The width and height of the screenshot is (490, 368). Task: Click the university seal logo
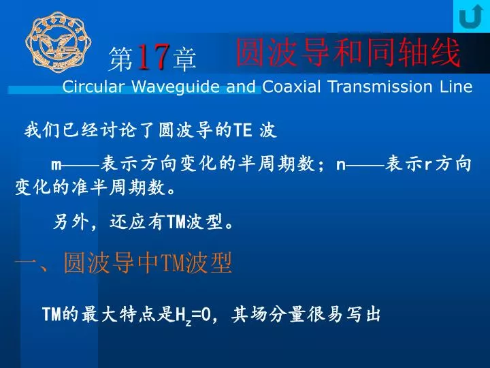(58, 42)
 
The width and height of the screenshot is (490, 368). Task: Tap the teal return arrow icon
(472, 16)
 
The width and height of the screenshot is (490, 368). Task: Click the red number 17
(153, 57)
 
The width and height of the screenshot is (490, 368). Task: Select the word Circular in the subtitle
(93, 86)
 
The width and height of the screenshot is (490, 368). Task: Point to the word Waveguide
(176, 87)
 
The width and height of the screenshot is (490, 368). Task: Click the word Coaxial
(291, 86)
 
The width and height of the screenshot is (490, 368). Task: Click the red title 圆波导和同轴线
(348, 52)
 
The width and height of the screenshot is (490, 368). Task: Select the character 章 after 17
(184, 58)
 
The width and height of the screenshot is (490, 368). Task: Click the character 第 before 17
(121, 58)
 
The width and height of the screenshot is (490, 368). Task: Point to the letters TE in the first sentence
(243, 130)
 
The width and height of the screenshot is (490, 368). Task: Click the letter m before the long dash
(56, 165)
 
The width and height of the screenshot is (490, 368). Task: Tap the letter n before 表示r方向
(341, 165)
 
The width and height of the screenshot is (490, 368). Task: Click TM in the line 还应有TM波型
(176, 222)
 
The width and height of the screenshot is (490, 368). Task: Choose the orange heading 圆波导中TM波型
(148, 262)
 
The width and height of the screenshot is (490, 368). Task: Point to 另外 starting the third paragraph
(71, 222)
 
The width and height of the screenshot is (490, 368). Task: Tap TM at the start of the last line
(52, 314)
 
